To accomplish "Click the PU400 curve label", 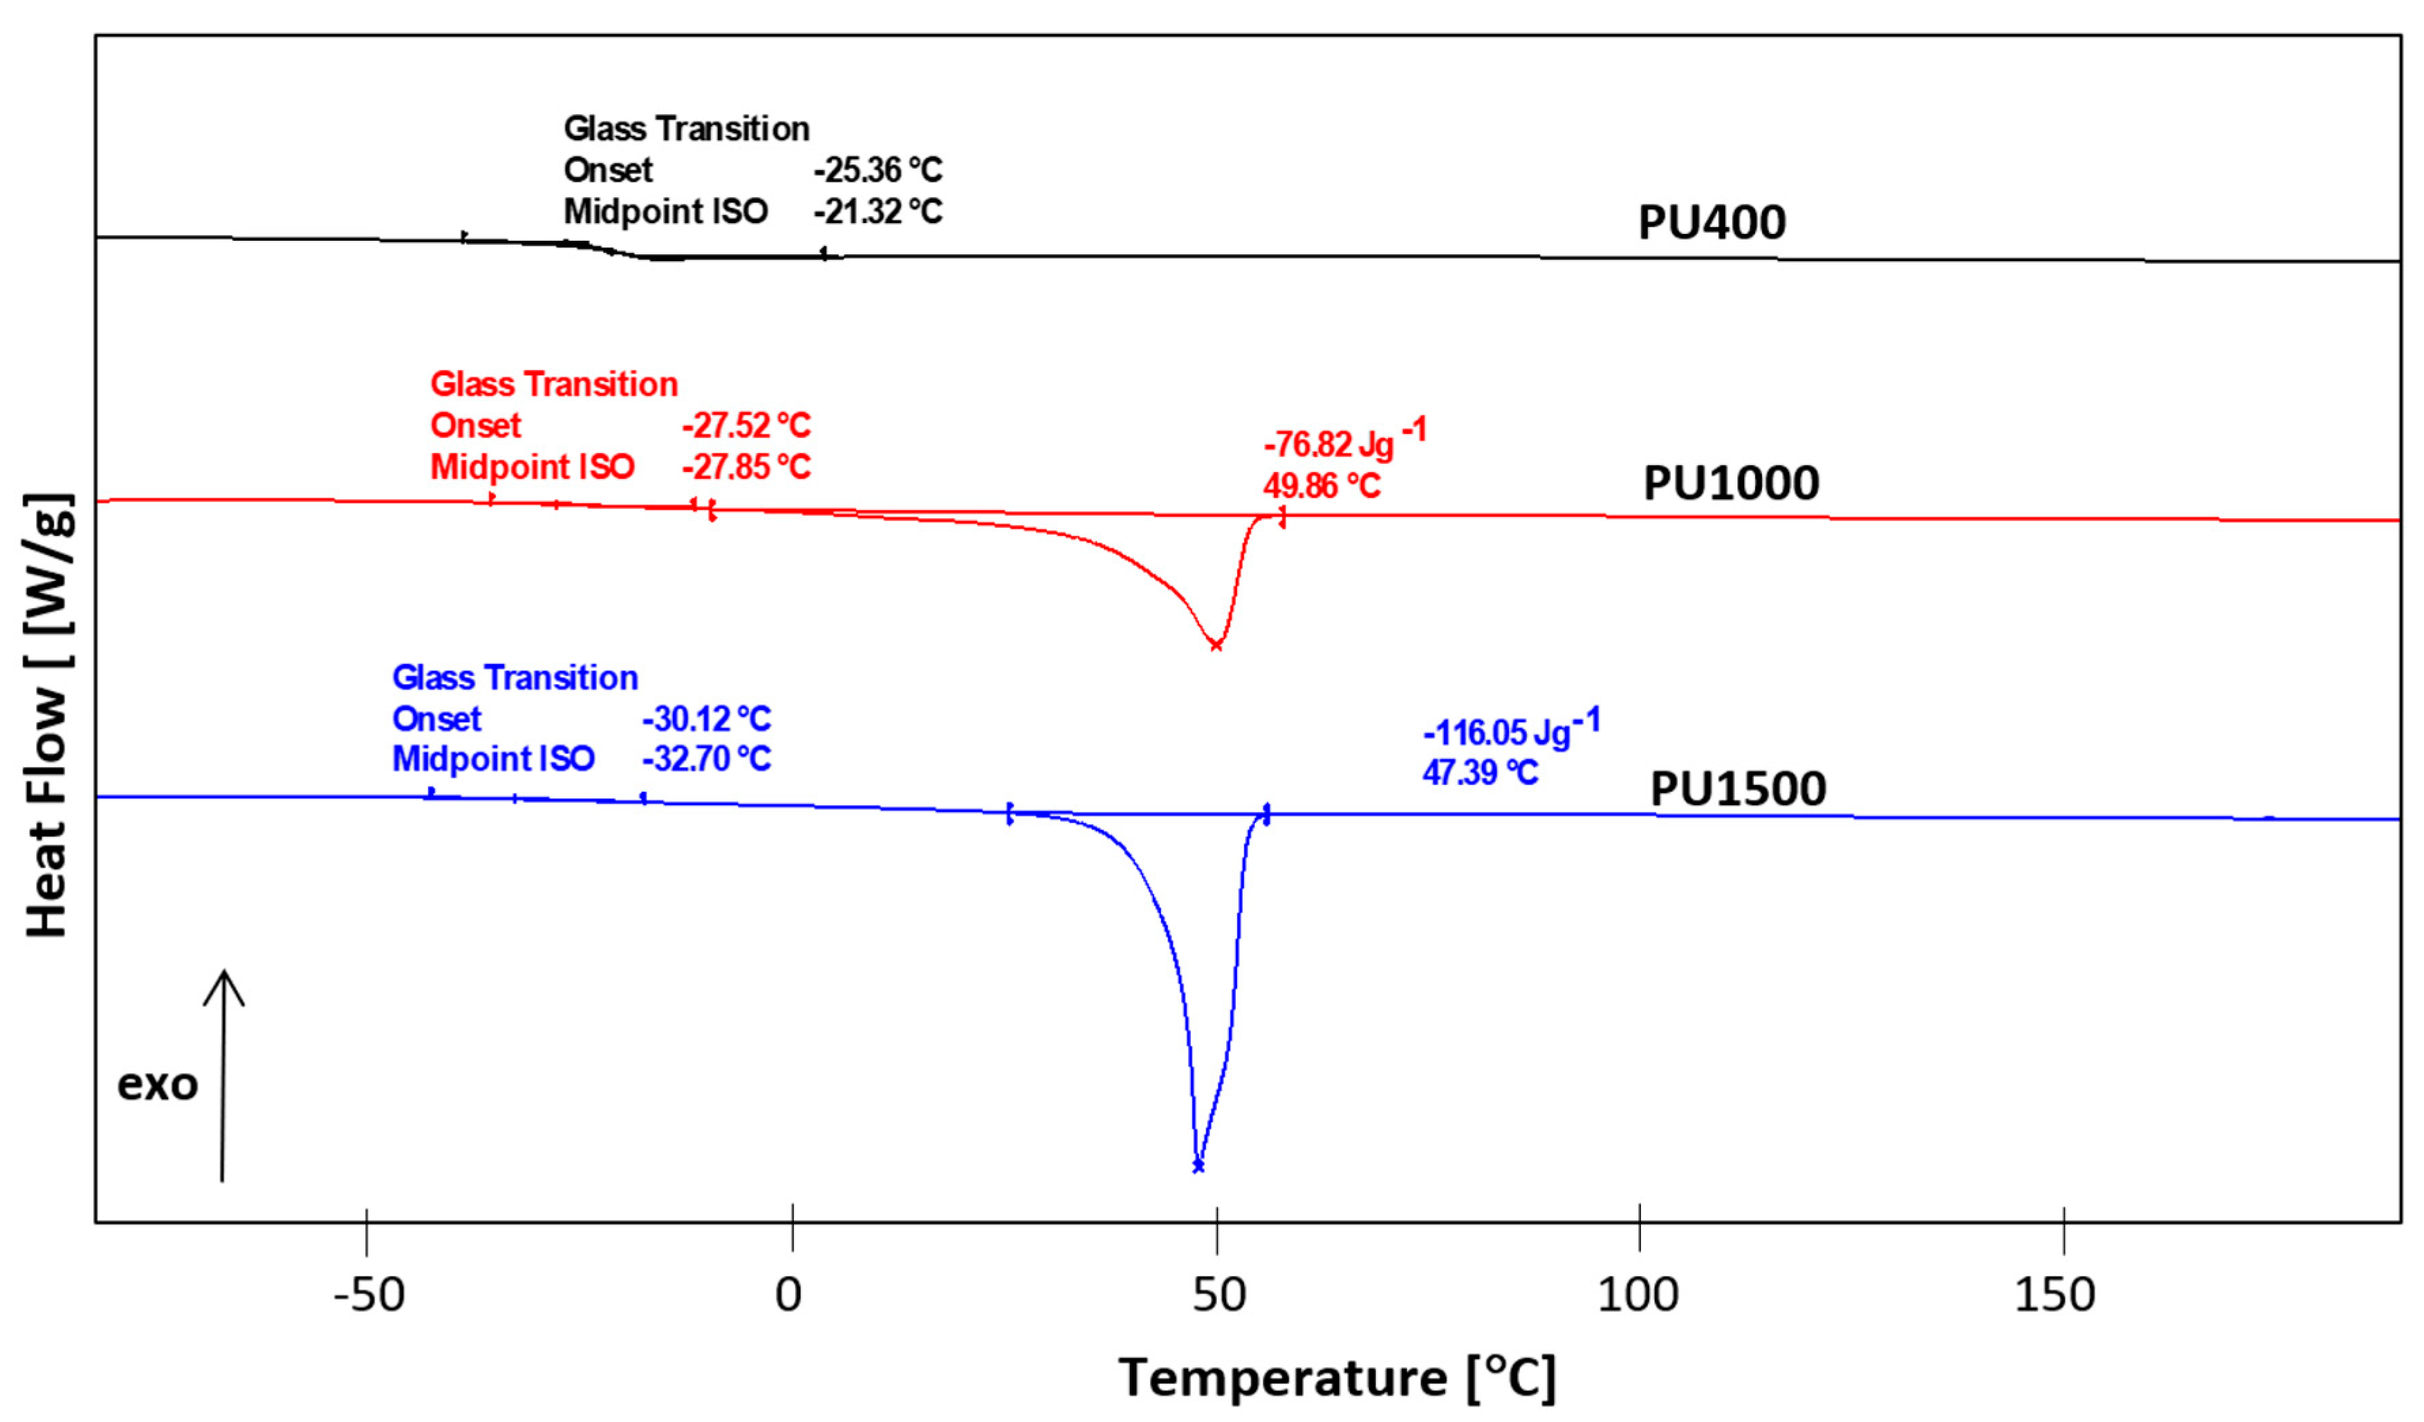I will [1711, 222].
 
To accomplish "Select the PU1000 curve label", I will [1731, 483].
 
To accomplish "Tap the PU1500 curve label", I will [1737, 789].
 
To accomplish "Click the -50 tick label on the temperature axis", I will [368, 1295].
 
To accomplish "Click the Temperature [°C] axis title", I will [1336, 1377].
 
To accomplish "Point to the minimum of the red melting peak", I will [1216, 645].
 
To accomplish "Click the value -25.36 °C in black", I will [878, 170].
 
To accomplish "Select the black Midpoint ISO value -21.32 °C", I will [878, 211].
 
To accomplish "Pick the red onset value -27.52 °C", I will [746, 425].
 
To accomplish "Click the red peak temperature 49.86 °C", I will [1321, 486].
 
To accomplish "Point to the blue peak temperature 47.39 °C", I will [1479, 772].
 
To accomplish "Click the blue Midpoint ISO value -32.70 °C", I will [706, 759].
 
